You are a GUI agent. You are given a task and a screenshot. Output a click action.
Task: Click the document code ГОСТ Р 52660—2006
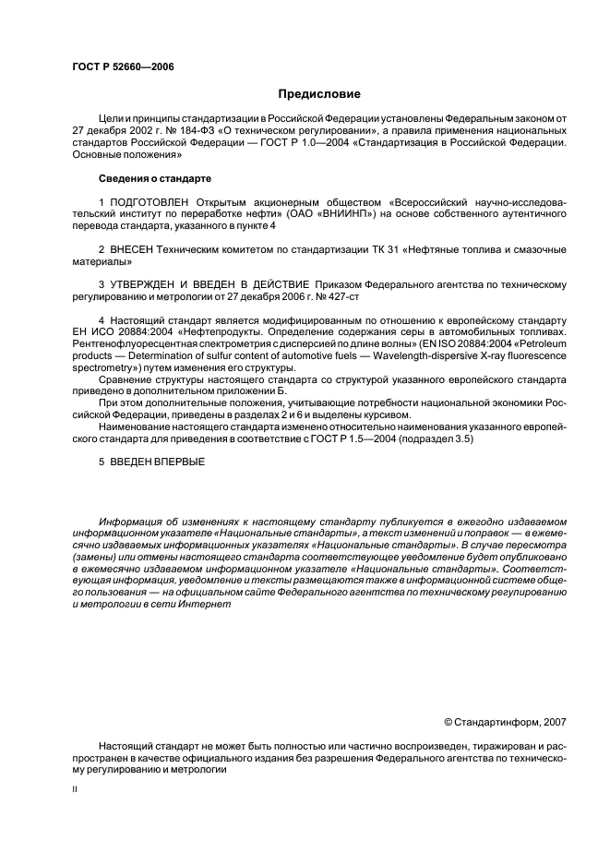tap(123, 67)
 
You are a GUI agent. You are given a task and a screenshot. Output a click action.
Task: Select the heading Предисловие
tap(319, 94)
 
